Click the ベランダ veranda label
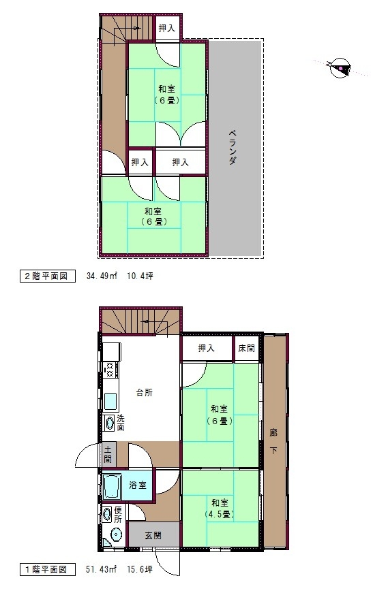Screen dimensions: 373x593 [x=232, y=147]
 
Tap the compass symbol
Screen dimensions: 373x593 [x=340, y=68]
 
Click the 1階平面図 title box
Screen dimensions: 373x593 [x=47, y=570]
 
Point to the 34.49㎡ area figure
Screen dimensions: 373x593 [x=102, y=276]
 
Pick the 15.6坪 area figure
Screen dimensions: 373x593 [x=139, y=570]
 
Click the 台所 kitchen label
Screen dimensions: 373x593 [x=145, y=393]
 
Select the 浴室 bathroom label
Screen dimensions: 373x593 [x=138, y=485]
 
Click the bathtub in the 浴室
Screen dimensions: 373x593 [x=112, y=486]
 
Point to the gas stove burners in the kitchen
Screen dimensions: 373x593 [x=110, y=369]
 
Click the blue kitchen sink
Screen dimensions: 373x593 [x=110, y=402]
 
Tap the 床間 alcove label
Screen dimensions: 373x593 [x=246, y=348]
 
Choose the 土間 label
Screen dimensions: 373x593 [x=108, y=454]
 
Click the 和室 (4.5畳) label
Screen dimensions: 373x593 [x=220, y=509]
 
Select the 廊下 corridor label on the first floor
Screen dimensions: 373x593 [x=273, y=441]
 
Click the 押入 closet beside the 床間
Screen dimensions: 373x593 [x=207, y=348]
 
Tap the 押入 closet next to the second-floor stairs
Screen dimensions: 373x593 [x=167, y=27]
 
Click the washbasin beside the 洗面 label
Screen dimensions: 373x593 [x=110, y=423]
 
